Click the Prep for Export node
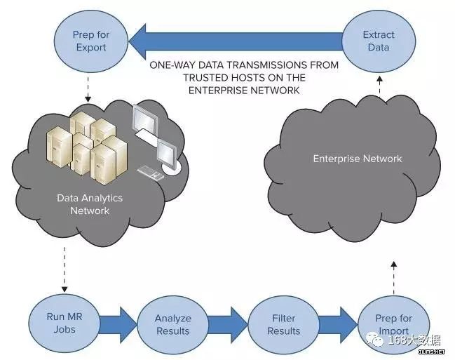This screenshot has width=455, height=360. tap(91, 41)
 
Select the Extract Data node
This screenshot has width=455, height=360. tap(379, 41)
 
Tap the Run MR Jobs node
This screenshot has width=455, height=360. tap(64, 323)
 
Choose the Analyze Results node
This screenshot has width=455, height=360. tap(172, 324)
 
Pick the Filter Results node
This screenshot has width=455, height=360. tap(283, 324)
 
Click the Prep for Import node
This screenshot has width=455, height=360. tap(394, 324)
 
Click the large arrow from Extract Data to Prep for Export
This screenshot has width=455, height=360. tap(236, 41)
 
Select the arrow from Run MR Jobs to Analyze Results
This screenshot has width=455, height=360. tap(118, 324)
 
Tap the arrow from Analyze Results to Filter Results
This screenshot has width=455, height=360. tap(228, 324)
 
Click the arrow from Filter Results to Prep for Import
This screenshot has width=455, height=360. tap(339, 324)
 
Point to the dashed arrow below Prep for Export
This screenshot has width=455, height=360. tap(88, 88)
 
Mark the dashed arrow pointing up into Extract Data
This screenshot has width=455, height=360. tap(379, 86)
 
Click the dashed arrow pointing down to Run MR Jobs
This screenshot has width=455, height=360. tap(64, 269)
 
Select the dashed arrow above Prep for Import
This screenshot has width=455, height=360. tap(394, 278)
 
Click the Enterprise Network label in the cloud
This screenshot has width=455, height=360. tap(358, 159)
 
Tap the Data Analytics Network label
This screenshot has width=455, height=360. tap(90, 204)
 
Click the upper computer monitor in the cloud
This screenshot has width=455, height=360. tap(146, 119)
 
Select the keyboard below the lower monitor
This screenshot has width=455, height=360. tap(150, 173)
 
